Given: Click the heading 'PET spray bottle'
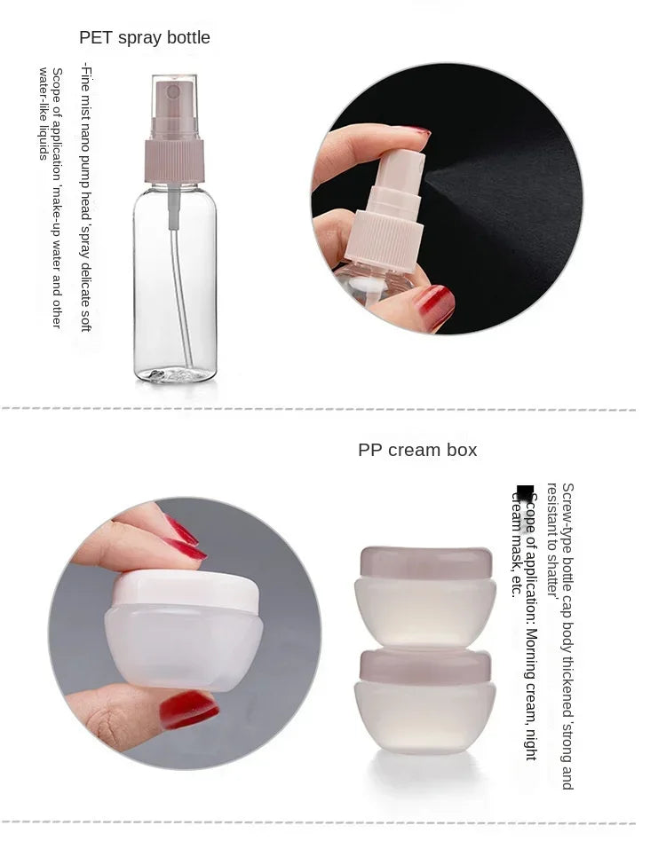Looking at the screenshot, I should (x=145, y=37).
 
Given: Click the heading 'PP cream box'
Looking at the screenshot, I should (x=417, y=450).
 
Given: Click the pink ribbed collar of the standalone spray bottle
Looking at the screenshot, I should (x=174, y=161).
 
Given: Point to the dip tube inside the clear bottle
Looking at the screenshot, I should (x=179, y=284).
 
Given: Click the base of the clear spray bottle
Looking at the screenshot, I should (x=175, y=373).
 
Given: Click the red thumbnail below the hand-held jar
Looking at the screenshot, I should (x=187, y=709).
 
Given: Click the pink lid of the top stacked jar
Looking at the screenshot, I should (x=425, y=562).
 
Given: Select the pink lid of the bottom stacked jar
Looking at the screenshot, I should (x=425, y=665).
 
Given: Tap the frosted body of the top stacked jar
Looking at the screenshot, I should (x=425, y=612).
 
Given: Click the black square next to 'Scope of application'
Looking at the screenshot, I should (x=526, y=494).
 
